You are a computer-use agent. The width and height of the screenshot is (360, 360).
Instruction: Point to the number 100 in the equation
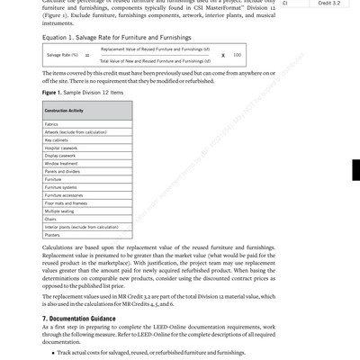[237, 55]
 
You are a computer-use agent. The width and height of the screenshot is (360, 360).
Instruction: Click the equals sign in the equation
[87, 55]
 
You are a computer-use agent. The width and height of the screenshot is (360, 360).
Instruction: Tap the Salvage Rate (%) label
[60, 55]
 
